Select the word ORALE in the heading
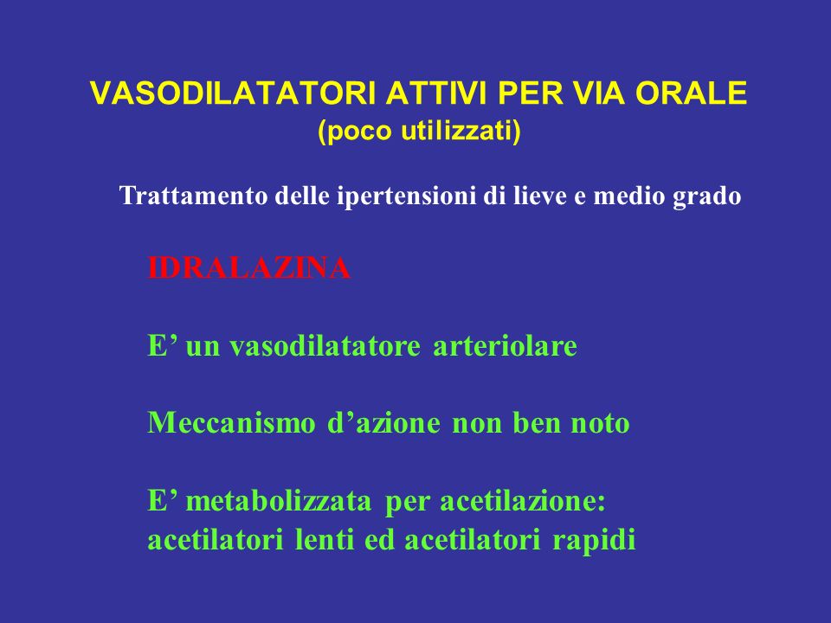point(691,93)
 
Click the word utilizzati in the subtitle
point(461,131)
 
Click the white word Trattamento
point(193,196)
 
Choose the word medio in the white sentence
point(629,196)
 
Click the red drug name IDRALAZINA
point(249,268)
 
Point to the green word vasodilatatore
point(325,346)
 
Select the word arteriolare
point(505,346)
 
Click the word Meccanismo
point(231,423)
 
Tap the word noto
point(600,424)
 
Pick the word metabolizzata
point(279,501)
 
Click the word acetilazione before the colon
point(518,501)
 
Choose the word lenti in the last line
point(324,540)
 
